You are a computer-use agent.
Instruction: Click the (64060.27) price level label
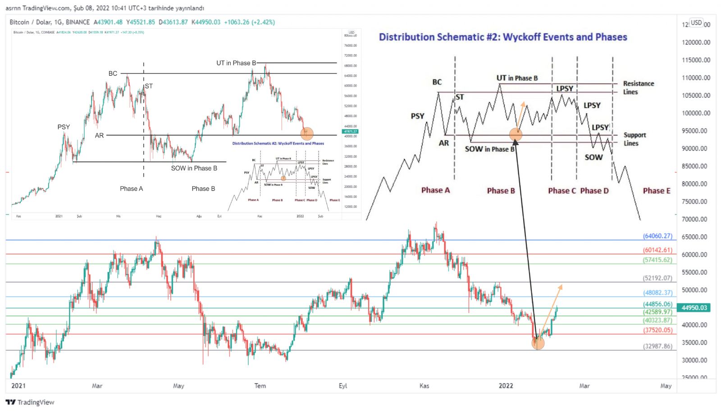point(657,236)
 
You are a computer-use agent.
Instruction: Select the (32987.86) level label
point(657,347)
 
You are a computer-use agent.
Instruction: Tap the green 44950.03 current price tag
point(694,308)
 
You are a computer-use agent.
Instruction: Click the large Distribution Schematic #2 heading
point(503,37)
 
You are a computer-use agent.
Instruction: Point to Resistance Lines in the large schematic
point(638,87)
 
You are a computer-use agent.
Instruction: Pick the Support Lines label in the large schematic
point(634,139)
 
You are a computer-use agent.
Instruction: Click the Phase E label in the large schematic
point(657,191)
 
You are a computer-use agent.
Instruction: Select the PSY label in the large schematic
point(417,116)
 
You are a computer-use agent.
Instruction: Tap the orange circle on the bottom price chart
point(538,343)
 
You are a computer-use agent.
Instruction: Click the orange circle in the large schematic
point(516,134)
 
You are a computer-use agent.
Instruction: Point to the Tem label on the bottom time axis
point(260,386)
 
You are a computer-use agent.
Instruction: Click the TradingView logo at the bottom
point(30,402)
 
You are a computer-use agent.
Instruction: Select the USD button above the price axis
point(697,23)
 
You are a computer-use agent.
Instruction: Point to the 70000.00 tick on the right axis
point(694,219)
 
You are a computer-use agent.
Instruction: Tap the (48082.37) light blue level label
point(657,292)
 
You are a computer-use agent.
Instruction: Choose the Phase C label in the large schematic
point(561,191)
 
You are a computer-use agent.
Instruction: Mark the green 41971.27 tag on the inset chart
point(350,132)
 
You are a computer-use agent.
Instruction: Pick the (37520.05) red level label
point(657,330)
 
